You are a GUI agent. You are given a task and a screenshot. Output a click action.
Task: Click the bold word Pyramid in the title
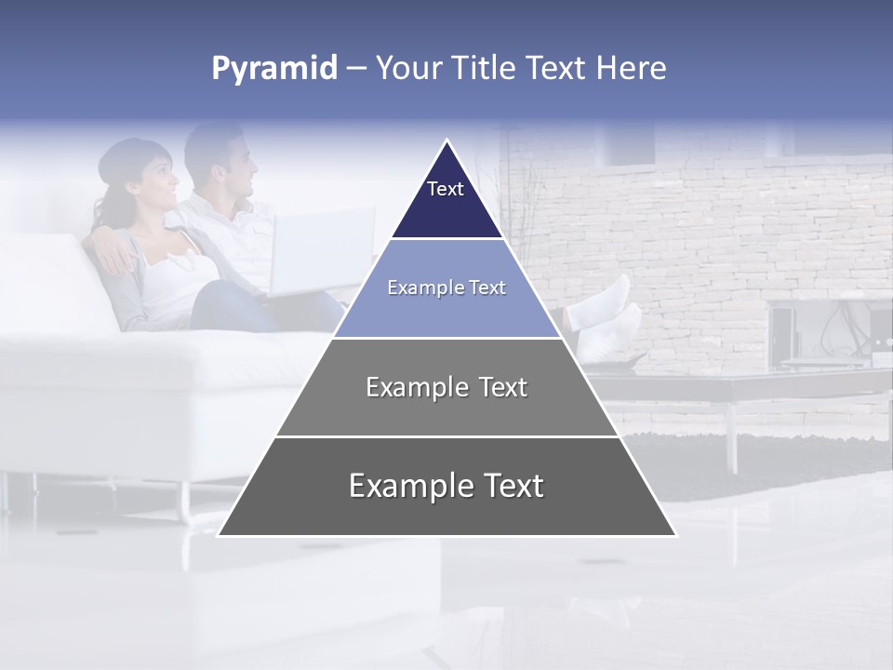(x=273, y=69)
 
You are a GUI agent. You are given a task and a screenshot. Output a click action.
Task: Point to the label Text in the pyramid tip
(x=446, y=189)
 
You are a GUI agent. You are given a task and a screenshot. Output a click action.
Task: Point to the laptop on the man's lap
(x=321, y=251)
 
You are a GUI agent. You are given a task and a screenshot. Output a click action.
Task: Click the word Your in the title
(x=407, y=69)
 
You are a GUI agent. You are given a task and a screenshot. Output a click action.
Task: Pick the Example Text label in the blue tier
(x=446, y=288)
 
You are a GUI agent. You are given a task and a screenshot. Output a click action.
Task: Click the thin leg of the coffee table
(x=732, y=437)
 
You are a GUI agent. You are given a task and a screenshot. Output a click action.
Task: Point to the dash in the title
(x=355, y=69)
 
